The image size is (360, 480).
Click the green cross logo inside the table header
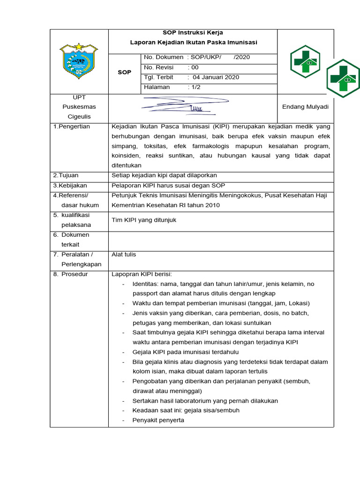click(x=305, y=61)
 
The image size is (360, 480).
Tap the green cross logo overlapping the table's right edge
click(x=343, y=78)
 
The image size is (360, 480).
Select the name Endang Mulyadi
click(x=305, y=107)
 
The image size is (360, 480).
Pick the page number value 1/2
click(x=195, y=87)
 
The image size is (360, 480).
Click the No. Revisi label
click(x=158, y=67)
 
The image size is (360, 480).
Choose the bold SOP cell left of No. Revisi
click(x=124, y=72)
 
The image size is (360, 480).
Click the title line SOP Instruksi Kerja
click(x=193, y=33)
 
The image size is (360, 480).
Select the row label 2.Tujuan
click(x=66, y=175)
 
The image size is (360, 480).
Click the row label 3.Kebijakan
click(x=70, y=186)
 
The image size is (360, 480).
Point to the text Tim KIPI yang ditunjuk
click(x=144, y=220)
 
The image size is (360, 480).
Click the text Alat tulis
click(x=124, y=255)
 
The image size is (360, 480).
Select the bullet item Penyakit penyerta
click(x=158, y=420)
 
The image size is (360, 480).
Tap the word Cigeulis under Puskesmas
click(x=79, y=117)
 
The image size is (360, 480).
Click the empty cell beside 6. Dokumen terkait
click(x=220, y=240)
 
